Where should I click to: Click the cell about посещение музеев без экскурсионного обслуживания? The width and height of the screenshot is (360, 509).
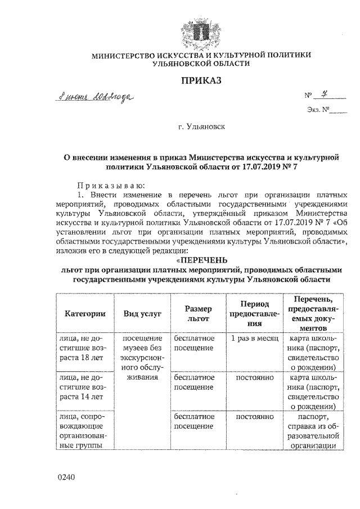click(142, 358)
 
